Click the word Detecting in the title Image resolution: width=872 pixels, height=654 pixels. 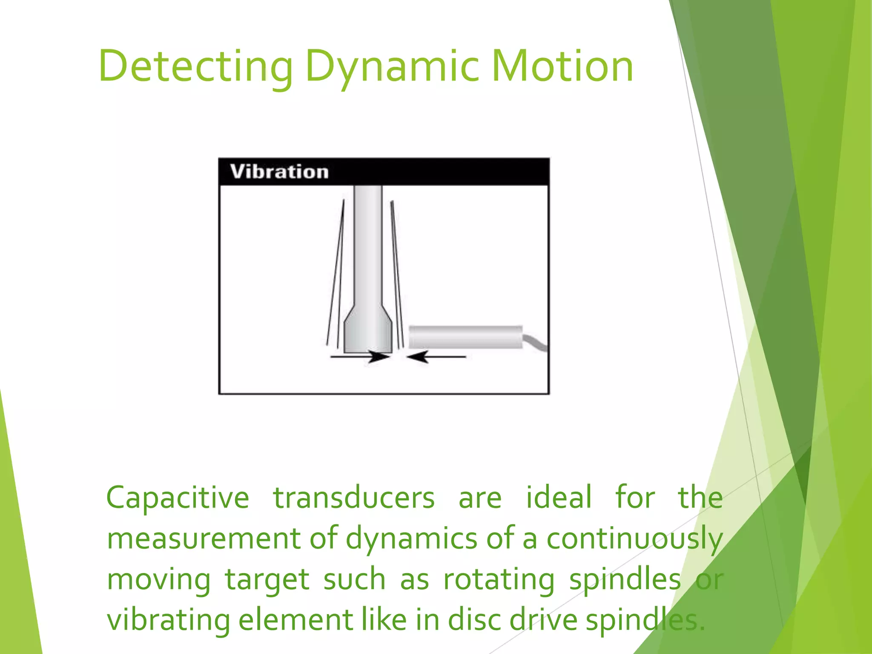click(x=196, y=67)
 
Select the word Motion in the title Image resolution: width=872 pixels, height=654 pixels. click(x=562, y=67)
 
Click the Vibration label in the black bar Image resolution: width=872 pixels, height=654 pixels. click(x=279, y=172)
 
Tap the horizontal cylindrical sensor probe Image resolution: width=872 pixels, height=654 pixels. click(x=465, y=337)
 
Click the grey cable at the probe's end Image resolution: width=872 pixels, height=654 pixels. click(x=536, y=342)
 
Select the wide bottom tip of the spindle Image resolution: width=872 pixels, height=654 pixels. click(x=367, y=334)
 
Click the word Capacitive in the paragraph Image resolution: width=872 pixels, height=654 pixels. click(x=178, y=497)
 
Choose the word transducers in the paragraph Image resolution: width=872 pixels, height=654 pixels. click(x=353, y=497)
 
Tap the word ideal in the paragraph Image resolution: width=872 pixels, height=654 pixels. click(x=559, y=497)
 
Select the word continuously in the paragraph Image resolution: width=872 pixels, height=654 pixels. click(x=634, y=539)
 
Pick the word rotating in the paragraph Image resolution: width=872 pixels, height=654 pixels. click(x=499, y=580)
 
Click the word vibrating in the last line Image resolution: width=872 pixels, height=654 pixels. click(x=168, y=620)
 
